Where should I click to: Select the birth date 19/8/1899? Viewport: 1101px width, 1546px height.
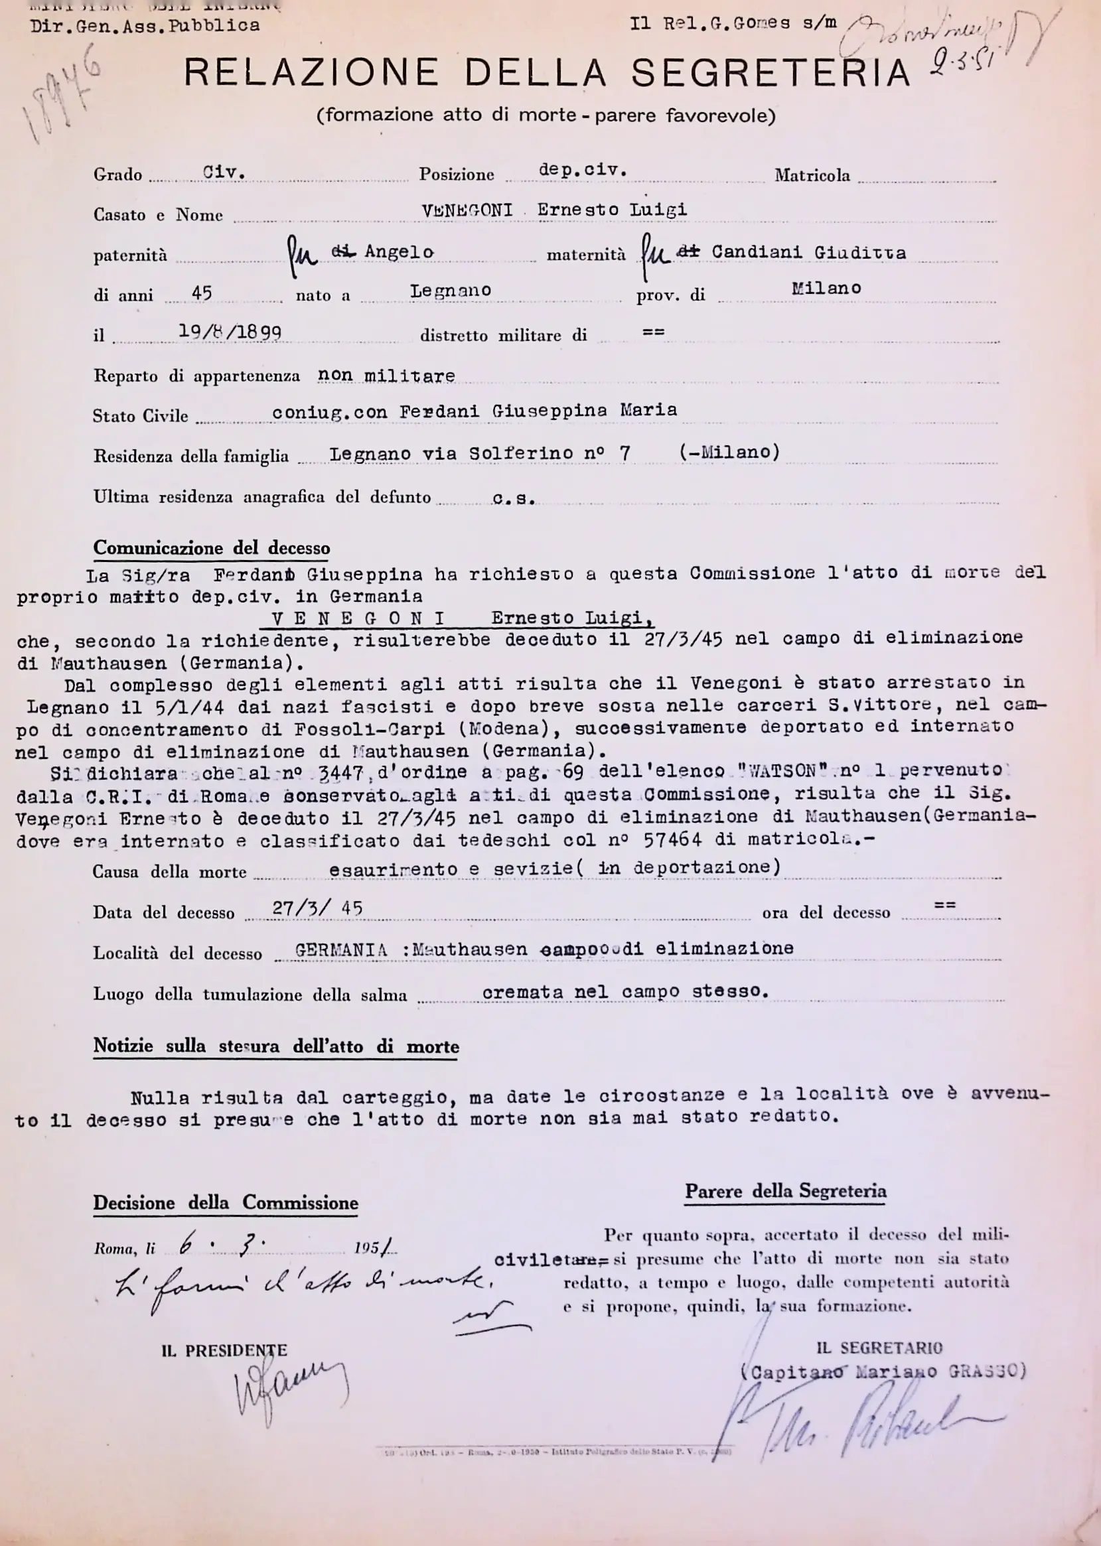230,332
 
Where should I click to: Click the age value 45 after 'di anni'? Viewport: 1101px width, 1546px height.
202,293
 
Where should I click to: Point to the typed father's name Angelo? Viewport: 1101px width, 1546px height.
399,251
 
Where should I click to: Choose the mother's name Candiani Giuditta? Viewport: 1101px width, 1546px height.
808,253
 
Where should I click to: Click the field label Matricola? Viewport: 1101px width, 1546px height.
812,176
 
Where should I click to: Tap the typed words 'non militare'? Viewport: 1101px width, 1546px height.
386,376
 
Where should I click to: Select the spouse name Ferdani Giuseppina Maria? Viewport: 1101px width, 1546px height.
538,411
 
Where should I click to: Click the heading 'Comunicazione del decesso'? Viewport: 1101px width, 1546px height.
212,547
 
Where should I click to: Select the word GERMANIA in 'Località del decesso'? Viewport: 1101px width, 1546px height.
341,950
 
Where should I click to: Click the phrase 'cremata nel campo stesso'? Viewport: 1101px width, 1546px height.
625,991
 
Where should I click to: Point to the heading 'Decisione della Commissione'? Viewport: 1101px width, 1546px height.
225,1203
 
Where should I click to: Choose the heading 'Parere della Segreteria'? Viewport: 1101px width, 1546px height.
785,1192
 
